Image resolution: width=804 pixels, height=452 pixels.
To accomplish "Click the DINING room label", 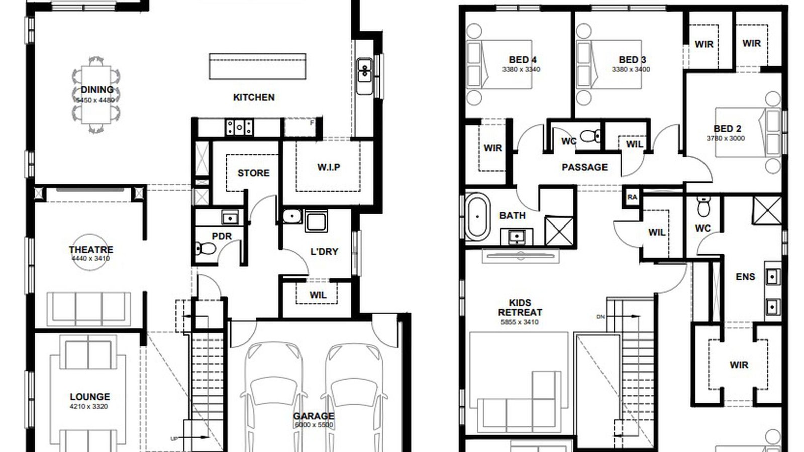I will click(97, 90).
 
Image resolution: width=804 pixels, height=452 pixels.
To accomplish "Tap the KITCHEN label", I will click(254, 97).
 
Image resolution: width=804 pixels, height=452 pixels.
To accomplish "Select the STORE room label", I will click(253, 173).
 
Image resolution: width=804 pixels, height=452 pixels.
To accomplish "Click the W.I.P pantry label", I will click(329, 167).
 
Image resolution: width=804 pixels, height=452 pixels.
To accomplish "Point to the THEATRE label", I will click(91, 249).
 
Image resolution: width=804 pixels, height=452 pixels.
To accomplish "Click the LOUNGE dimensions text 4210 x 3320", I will click(89, 407).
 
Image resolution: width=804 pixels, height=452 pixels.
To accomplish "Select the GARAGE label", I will click(314, 416).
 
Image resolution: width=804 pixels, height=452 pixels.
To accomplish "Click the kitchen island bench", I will click(257, 66).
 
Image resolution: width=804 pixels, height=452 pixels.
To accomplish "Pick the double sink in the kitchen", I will click(364, 70).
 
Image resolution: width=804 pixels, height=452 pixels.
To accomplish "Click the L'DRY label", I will click(324, 251).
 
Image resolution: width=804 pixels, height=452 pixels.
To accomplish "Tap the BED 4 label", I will click(522, 60).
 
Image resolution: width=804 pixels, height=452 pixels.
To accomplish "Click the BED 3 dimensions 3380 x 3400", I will click(631, 70).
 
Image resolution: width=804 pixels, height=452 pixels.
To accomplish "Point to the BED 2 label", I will click(727, 129).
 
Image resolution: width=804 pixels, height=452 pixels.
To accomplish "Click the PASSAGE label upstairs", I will click(584, 167).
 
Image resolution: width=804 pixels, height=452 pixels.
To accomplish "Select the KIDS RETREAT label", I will click(520, 307).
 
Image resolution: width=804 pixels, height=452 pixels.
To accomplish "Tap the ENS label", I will click(745, 277).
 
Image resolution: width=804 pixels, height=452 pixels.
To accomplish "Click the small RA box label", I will click(632, 197).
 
